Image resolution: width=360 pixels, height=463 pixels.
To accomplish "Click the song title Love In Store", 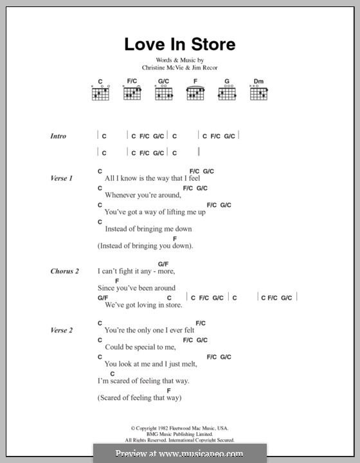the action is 179,44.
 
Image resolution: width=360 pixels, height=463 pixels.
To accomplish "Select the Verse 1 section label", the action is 62,177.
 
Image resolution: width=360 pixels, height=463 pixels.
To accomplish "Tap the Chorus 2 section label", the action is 64,271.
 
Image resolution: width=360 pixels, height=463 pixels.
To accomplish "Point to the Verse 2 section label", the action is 62,330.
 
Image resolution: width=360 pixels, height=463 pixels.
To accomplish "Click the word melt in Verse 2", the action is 187,364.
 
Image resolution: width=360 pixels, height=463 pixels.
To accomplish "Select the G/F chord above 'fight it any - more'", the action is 163,264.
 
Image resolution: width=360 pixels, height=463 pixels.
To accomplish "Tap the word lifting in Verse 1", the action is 174,212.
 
